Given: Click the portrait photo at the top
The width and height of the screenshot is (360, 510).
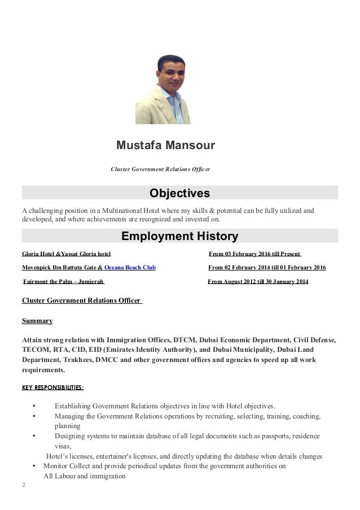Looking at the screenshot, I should (163, 89).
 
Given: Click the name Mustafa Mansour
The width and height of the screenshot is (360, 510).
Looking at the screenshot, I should (165, 146).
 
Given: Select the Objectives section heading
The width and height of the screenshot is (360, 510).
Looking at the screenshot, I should (179, 194).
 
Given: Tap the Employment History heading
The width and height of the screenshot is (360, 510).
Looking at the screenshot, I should (179, 236).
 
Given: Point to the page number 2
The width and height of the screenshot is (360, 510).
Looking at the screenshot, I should (23, 485).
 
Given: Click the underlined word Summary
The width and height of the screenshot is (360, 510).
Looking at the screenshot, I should (37, 321).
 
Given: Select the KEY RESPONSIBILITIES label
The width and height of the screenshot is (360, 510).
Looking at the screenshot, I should (52, 387).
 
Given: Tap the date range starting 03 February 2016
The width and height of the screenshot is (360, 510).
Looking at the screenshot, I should (255, 254).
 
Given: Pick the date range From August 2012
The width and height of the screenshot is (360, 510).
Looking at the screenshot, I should (258, 281).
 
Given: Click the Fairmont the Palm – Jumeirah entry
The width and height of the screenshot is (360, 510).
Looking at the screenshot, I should (64, 281).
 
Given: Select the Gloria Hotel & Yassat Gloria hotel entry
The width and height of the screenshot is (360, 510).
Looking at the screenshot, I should (66, 254).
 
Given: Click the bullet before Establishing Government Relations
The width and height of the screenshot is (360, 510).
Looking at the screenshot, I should (35, 406).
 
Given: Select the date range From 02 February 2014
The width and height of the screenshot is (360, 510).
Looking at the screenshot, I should (266, 268).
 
